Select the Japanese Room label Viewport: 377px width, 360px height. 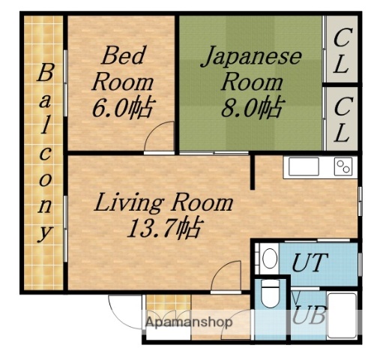250,68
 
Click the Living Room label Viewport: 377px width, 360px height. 163,202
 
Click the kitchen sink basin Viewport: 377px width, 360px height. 304,167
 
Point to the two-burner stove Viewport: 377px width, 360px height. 343,167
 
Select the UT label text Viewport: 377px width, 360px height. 309,262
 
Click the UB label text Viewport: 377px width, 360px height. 309,315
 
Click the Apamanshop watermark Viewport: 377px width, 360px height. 189,322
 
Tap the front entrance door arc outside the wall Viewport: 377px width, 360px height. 124,310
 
